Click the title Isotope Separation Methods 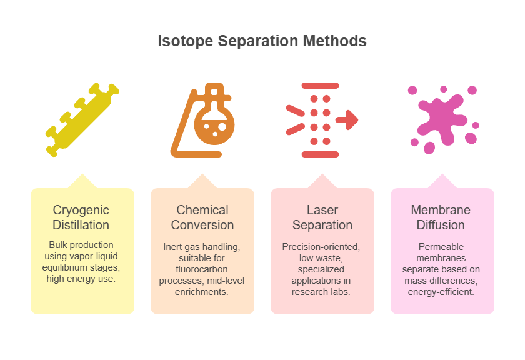coord(262,41)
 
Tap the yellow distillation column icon coord(82,119)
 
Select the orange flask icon coord(202,120)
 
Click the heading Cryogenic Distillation coord(81,217)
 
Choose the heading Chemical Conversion coord(202,217)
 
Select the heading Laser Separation coord(322,217)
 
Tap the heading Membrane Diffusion coord(441,217)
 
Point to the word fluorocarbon coord(201,269)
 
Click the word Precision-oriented coord(321,247)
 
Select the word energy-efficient coord(441,292)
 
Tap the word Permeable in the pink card coord(441,247)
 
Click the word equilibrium coord(63,267)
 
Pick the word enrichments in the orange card coord(201,292)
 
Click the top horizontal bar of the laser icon coord(321,86)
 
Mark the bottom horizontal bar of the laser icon coord(321,154)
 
